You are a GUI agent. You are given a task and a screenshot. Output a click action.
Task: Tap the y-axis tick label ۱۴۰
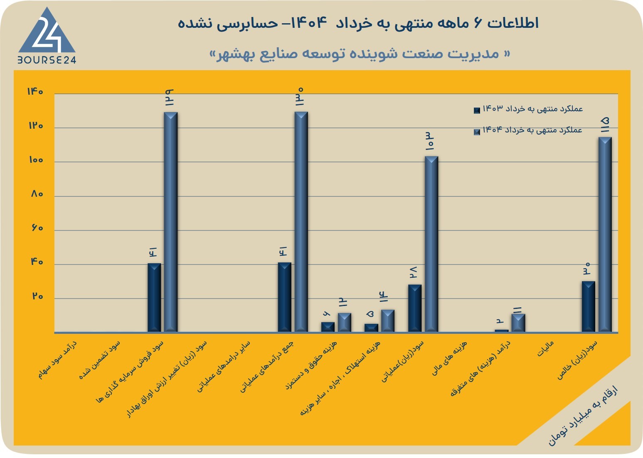pyautogui.click(x=35, y=91)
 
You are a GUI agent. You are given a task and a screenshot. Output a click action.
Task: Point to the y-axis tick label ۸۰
pyautogui.click(x=37, y=194)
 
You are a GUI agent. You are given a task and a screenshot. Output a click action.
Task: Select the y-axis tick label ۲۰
pyautogui.click(x=37, y=296)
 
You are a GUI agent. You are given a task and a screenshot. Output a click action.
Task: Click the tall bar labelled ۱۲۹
pyautogui.click(x=170, y=222)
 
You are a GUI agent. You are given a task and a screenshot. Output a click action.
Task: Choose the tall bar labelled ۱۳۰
pyautogui.click(x=301, y=222)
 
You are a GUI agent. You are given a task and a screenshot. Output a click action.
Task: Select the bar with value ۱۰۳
pyautogui.click(x=431, y=244)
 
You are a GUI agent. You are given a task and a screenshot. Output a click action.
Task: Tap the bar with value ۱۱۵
pyautogui.click(x=605, y=235)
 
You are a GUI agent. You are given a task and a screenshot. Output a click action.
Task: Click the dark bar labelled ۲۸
pyautogui.click(x=415, y=308)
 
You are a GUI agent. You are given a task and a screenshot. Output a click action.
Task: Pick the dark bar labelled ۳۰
pyautogui.click(x=588, y=306)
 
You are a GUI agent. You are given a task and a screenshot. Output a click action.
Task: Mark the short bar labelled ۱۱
pyautogui.click(x=518, y=323)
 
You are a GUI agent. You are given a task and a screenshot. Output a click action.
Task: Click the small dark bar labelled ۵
pyautogui.click(x=371, y=328)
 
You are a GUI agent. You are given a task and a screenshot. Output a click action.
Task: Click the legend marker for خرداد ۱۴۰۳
pyautogui.click(x=477, y=110)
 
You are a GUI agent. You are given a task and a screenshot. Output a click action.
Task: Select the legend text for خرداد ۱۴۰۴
pyautogui.click(x=532, y=130)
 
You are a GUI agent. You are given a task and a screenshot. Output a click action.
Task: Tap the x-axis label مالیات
pyautogui.click(x=545, y=349)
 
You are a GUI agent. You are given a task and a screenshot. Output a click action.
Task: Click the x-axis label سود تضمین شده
pyautogui.click(x=100, y=360)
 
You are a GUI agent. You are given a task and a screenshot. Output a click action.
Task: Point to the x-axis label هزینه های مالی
pyautogui.click(x=450, y=358)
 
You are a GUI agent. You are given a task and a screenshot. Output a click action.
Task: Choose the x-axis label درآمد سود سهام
pyautogui.click(x=57, y=360)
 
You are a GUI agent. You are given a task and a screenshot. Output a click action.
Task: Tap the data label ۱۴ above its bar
pyautogui.click(x=384, y=297)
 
